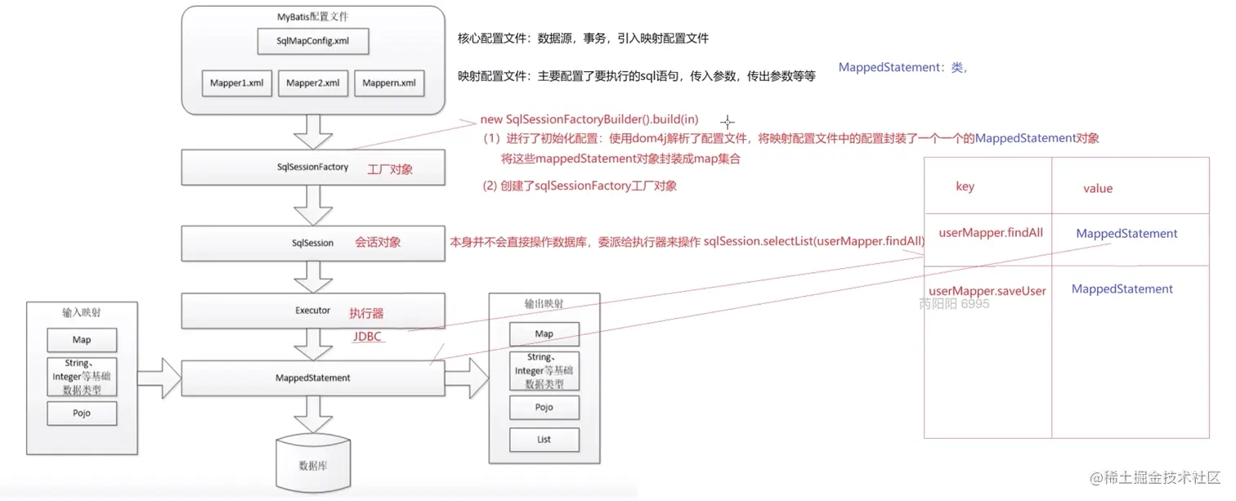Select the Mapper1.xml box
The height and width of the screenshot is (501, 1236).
click(x=236, y=83)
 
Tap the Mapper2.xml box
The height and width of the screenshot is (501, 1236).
click(x=313, y=83)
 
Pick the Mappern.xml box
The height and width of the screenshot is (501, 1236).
click(x=389, y=83)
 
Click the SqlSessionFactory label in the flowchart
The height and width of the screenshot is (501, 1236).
click(x=312, y=168)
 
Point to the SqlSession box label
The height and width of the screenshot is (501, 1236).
click(x=312, y=243)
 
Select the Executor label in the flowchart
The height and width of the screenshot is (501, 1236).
click(x=312, y=311)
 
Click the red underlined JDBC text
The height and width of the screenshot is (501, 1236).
click(x=367, y=337)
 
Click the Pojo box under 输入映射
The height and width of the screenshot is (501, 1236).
click(x=82, y=414)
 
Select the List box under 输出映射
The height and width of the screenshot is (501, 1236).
click(x=544, y=440)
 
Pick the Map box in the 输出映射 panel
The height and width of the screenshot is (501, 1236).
click(x=544, y=334)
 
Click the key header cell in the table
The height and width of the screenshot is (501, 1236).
click(x=965, y=187)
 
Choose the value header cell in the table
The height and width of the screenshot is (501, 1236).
click(x=1097, y=189)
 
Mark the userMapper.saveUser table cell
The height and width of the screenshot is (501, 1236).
click(x=987, y=291)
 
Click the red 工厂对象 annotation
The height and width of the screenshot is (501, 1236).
click(x=390, y=169)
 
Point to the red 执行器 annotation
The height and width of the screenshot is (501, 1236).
click(x=366, y=313)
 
